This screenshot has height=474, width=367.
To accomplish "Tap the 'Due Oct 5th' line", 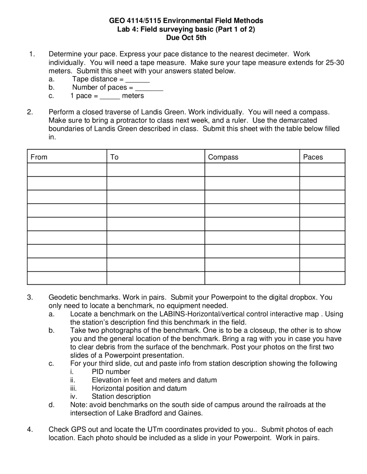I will pos(186,37).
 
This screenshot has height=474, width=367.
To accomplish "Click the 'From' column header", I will pos(39,157).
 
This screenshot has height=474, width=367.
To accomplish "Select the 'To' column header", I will pos(114,157).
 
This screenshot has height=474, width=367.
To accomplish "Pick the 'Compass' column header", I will pos(223,157).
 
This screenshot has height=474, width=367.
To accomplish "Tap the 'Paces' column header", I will pos(313,157).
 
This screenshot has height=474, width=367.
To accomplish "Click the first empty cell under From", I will pos(67,170).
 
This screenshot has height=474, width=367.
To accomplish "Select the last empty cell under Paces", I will pos(322,278).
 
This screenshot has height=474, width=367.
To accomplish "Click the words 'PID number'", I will pos(111,372).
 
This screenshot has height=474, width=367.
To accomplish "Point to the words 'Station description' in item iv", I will pos(121,396).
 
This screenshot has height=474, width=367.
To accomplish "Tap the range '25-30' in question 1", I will pos(335,63).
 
